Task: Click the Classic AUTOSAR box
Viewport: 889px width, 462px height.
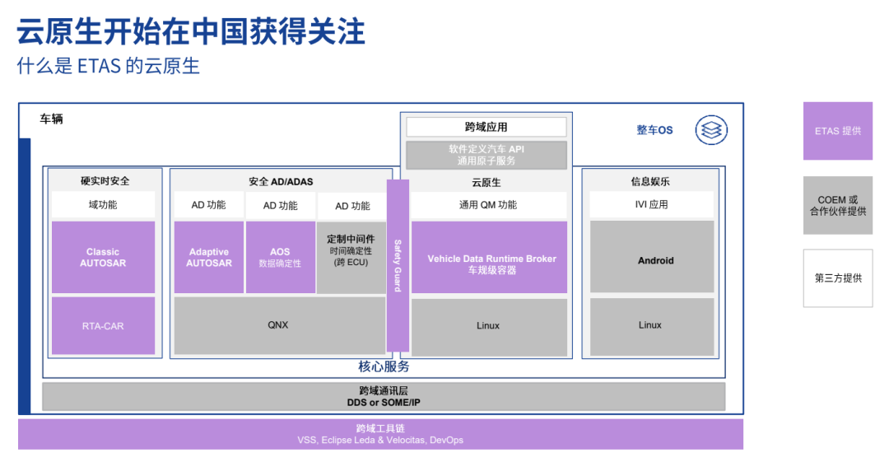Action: coord(103,257)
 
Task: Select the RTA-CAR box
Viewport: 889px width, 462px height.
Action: coord(103,325)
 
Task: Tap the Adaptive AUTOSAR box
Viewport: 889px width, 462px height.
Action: coord(209,257)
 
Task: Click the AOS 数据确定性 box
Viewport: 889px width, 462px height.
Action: coord(280,257)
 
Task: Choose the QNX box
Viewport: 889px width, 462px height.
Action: coord(278,325)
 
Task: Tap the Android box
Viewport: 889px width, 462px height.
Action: coord(652,260)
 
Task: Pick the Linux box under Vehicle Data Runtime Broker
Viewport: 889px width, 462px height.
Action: coord(489,325)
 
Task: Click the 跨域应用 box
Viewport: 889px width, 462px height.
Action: coord(486,127)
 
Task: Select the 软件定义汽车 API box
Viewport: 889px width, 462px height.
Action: coord(486,155)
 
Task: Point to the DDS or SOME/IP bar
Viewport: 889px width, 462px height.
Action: coord(384,396)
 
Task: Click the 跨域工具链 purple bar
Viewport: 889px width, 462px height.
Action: coord(380,434)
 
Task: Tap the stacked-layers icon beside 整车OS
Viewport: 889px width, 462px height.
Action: coord(710,129)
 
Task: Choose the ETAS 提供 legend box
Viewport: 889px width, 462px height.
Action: coord(837,131)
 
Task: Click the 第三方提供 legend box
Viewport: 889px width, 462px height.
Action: coord(837,278)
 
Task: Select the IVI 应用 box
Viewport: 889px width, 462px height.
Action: coord(652,204)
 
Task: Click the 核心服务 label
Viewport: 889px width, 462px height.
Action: coord(384,366)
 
